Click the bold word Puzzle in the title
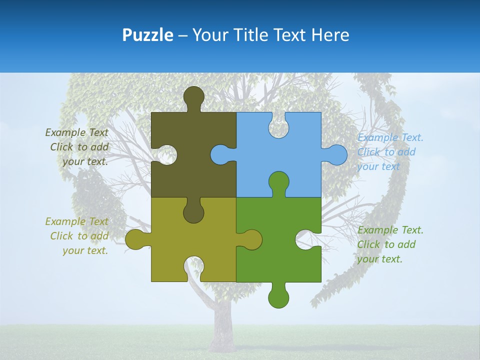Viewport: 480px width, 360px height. click(x=148, y=35)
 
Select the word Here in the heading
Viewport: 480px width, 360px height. click(x=330, y=35)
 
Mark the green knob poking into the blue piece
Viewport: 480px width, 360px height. click(x=278, y=182)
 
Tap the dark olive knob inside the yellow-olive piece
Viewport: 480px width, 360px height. click(x=193, y=212)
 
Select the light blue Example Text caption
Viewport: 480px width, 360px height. click(x=390, y=137)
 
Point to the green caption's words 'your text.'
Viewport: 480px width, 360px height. click(x=379, y=259)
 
